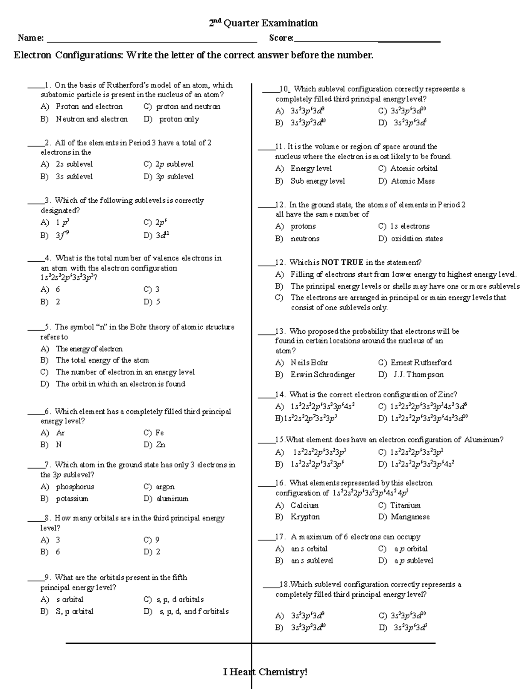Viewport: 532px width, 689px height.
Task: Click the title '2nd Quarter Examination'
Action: point(263,23)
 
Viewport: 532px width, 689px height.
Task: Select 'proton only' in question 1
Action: point(179,119)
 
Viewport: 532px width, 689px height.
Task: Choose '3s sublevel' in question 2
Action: point(74,177)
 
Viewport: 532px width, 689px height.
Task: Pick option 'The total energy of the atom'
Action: point(102,360)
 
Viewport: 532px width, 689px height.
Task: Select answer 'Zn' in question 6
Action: point(160,445)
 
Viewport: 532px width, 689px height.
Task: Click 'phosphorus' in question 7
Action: point(75,487)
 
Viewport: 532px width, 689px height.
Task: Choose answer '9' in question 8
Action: point(157,540)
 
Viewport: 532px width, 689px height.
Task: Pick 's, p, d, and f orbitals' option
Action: point(194,611)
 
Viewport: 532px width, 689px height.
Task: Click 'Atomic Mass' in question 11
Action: point(413,181)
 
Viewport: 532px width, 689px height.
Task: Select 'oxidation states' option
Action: point(417,239)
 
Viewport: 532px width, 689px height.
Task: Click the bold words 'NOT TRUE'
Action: point(342,262)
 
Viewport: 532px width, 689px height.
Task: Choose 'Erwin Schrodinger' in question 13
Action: point(322,374)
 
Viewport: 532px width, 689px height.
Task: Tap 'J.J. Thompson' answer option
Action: point(419,374)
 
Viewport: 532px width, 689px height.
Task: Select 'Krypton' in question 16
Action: point(305,517)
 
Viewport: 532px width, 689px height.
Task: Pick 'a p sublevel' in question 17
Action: point(414,561)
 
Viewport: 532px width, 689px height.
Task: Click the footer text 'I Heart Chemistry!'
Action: point(265,672)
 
